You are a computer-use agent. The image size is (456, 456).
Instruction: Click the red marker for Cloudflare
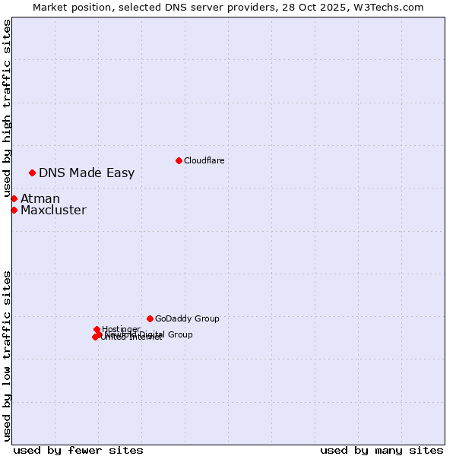click(179, 160)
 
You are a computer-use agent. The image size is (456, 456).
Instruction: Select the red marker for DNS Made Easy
click(32, 173)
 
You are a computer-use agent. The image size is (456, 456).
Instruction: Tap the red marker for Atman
click(14, 198)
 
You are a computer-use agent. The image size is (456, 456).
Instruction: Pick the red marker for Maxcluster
click(14, 210)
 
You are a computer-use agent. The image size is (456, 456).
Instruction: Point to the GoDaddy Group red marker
click(150, 318)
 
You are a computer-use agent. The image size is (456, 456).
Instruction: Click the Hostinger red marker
click(97, 330)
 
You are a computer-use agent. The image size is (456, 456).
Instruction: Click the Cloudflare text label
click(204, 160)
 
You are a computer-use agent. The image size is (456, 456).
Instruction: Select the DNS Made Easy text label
click(87, 173)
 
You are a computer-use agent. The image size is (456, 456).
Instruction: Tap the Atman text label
click(40, 198)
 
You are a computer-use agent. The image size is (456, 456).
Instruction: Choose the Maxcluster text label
click(53, 210)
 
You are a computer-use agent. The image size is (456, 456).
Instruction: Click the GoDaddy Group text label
click(187, 318)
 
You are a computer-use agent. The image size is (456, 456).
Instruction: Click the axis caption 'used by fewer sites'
click(78, 450)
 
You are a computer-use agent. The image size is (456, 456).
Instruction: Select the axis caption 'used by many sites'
click(382, 450)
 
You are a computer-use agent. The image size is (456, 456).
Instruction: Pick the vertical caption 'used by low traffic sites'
click(7, 355)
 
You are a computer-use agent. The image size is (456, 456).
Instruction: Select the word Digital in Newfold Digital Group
click(152, 334)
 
